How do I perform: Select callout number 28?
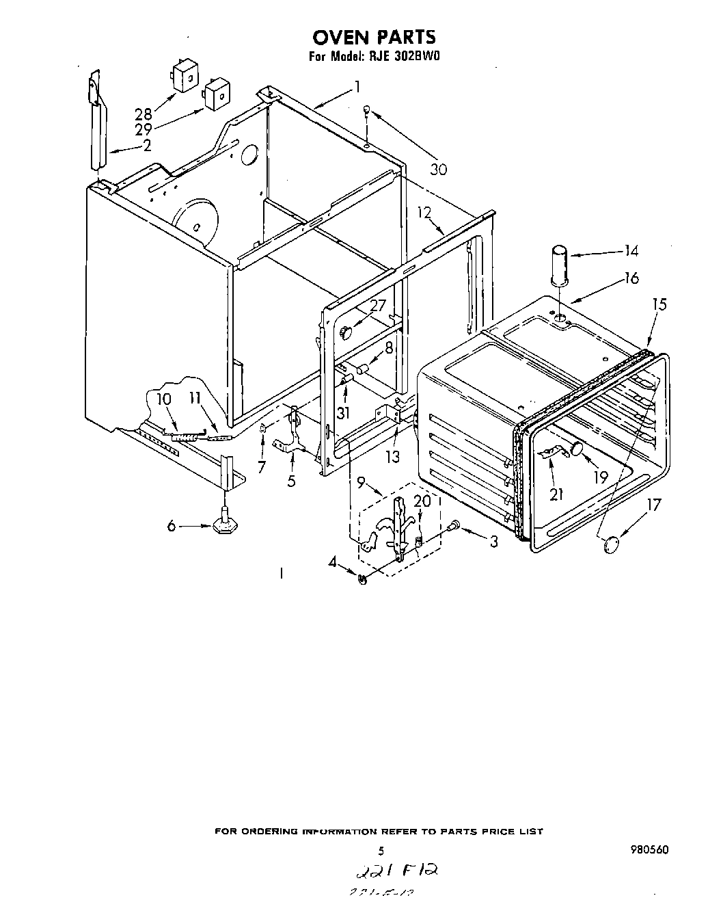point(143,114)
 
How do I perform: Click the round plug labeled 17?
point(611,544)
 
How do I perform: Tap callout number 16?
point(631,278)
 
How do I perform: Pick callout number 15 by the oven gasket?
point(658,304)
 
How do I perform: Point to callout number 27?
point(378,306)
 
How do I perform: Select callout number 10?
point(164,399)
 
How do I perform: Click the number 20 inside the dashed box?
point(423,501)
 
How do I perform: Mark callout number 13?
point(392,456)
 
